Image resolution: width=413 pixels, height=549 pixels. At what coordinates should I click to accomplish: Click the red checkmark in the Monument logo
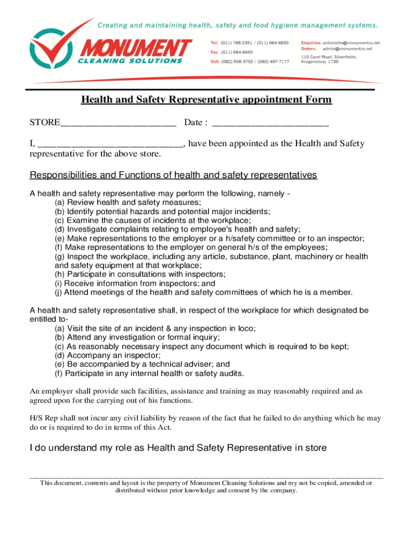[x=56, y=46]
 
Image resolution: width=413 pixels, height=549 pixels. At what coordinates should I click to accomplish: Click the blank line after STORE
[x=118, y=123]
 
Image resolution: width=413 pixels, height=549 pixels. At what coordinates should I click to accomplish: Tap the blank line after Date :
[x=270, y=123]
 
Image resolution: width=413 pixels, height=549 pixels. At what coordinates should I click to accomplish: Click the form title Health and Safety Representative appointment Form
[x=206, y=100]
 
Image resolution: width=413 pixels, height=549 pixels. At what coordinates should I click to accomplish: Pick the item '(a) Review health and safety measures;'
[x=128, y=202]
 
